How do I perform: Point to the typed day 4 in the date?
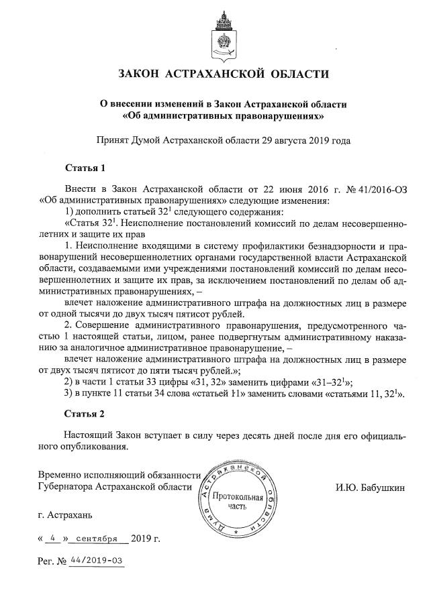(52, 538)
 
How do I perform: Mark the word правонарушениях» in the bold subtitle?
(283, 115)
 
